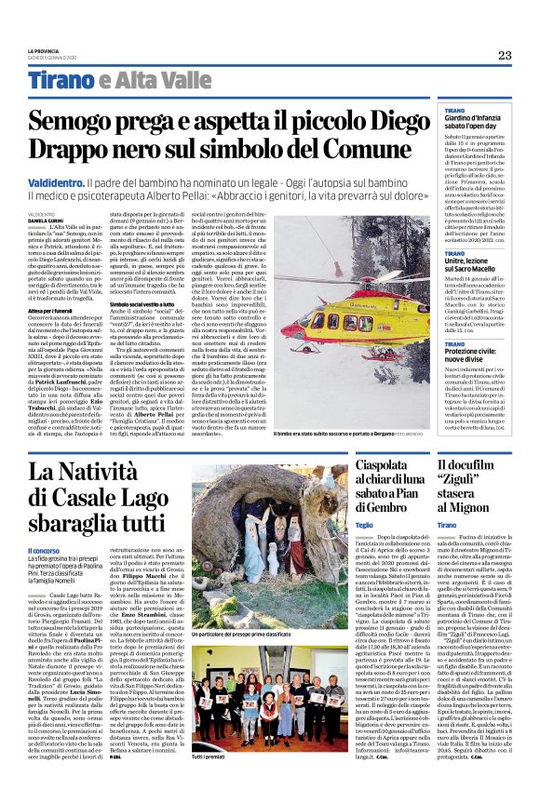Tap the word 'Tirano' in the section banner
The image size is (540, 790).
61,81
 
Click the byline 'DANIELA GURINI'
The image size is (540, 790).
43,220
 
